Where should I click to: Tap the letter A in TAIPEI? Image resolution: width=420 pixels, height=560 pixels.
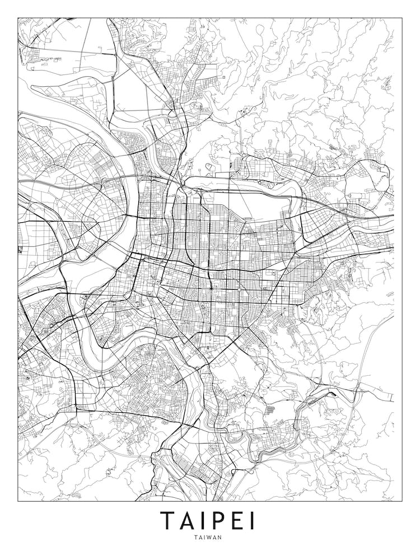point(189,521)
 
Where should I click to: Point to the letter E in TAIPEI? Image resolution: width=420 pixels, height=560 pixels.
point(237,521)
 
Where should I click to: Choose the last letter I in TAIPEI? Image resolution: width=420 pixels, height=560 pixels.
point(252,521)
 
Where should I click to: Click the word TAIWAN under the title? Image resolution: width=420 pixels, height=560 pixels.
point(209,537)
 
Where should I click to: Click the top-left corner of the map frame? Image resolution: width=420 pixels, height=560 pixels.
point(18,18)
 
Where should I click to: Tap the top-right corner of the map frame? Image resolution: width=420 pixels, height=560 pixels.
point(402,18)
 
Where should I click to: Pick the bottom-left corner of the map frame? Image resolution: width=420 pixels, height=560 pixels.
point(18,501)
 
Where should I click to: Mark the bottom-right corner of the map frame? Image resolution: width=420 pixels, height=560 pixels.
point(402,501)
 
